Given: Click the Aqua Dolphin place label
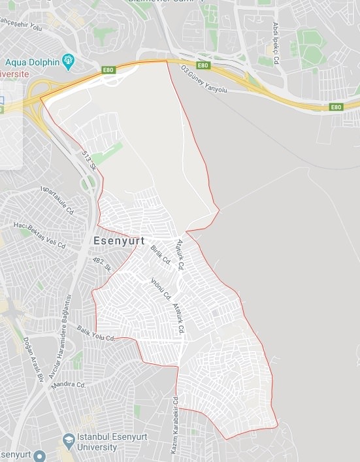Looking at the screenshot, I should [x=32, y=63].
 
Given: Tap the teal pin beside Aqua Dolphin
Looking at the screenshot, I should [x=69, y=63].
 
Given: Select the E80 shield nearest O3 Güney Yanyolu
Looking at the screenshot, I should [x=203, y=65].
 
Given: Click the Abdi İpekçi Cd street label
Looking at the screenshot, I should [x=276, y=42].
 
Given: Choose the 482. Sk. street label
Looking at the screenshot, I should [x=103, y=265].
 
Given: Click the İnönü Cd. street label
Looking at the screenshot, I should [x=161, y=288].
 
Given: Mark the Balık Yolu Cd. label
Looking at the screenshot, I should [x=96, y=333].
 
